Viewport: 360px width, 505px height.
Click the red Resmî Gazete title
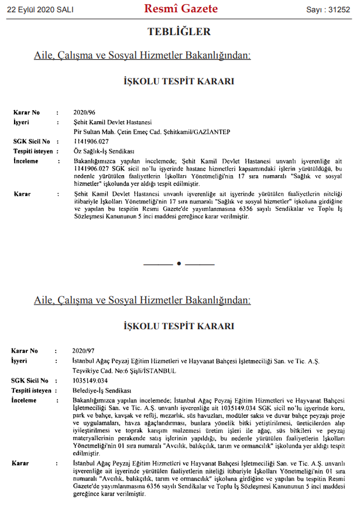click(180, 9)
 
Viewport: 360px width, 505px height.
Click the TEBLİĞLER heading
click(180, 32)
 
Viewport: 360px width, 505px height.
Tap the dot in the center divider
click(180, 264)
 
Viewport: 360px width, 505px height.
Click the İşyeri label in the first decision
click(21, 122)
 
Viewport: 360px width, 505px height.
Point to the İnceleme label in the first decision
click(26, 161)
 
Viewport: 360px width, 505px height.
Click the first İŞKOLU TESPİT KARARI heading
click(180, 83)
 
